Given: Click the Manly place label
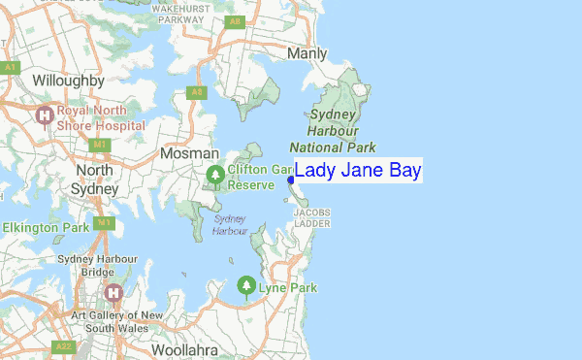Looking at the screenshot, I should click(307, 54).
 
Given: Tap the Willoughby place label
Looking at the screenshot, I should click(68, 80).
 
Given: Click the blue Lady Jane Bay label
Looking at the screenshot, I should click(358, 171).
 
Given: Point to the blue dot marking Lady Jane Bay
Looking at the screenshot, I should click(291, 180).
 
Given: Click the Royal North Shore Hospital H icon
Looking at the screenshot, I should click(44, 116).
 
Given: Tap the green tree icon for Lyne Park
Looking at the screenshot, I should click(246, 285).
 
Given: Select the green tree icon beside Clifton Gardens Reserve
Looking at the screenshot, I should click(215, 176).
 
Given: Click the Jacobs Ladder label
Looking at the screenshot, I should click(312, 217).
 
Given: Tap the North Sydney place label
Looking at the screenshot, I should click(95, 180).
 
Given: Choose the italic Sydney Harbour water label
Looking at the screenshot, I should click(230, 225).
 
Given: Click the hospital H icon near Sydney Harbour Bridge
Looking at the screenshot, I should click(114, 292).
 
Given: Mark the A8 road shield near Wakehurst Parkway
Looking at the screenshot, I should click(234, 20).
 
